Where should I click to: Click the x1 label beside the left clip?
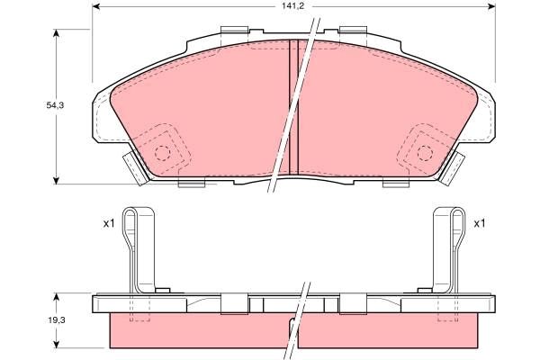tap(107, 223)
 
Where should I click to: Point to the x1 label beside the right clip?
tap(480, 223)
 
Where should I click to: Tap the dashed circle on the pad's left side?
tap(162, 151)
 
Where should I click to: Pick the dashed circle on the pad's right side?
tap(423, 151)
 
